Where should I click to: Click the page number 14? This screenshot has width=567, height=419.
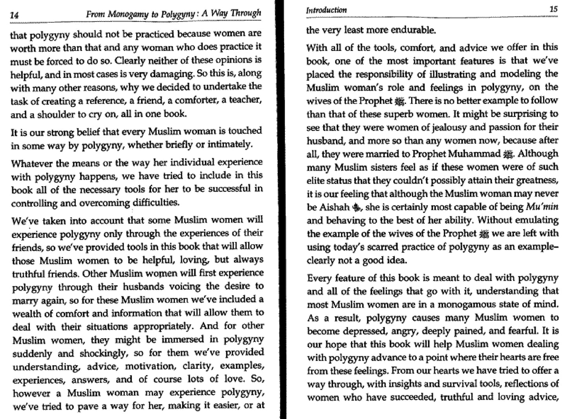click(x=14, y=15)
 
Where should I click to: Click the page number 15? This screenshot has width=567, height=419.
click(x=553, y=9)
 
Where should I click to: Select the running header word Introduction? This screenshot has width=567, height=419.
click(x=326, y=10)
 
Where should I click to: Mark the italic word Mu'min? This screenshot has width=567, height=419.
click(x=542, y=207)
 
